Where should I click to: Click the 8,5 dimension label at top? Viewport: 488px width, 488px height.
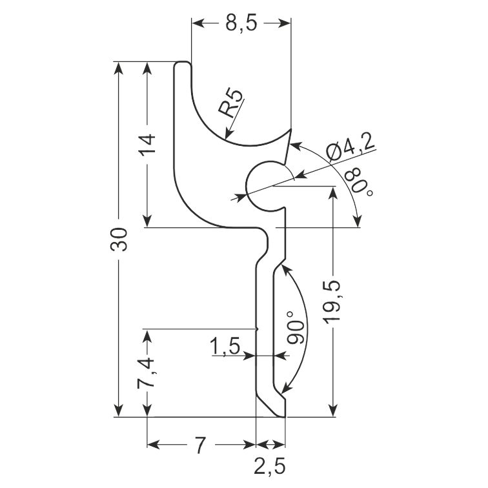click(241, 23)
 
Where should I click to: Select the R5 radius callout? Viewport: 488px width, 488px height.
click(230, 103)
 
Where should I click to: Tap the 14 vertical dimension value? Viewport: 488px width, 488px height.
click(147, 145)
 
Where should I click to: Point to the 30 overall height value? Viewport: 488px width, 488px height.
click(119, 239)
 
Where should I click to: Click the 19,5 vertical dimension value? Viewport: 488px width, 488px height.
click(333, 302)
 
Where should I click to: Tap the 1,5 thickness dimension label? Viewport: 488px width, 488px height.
click(225, 346)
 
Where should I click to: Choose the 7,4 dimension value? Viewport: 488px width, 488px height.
click(146, 373)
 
